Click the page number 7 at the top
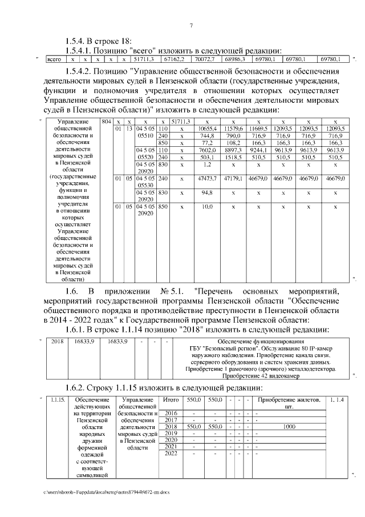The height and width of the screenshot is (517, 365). pyautogui.click(x=191, y=25)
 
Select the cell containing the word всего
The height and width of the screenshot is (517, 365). pyautogui.click(x=54, y=59)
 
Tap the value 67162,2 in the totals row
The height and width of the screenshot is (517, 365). pyautogui.click(x=173, y=59)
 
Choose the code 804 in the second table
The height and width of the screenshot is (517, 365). pyautogui.click(x=106, y=122)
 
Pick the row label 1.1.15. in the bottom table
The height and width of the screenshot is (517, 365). pyautogui.click(x=58, y=399)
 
